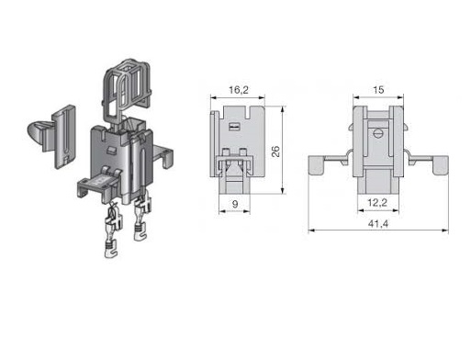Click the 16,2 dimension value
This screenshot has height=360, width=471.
pyautogui.click(x=239, y=90)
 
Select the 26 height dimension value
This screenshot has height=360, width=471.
pyautogui.click(x=276, y=152)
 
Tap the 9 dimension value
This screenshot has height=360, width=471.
pyautogui.click(x=235, y=204)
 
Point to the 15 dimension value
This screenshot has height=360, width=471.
pyautogui.click(x=378, y=90)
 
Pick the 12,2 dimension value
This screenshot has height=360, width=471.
pyautogui.click(x=377, y=202)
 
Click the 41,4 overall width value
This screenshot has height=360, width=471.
pyautogui.click(x=378, y=224)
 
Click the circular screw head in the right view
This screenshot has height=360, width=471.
pyautogui.click(x=378, y=133)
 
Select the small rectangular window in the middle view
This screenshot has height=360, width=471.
pyautogui.click(x=234, y=126)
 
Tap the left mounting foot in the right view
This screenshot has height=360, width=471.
pyautogui.click(x=316, y=164)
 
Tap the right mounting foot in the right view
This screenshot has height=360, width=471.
pyautogui.click(x=441, y=165)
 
